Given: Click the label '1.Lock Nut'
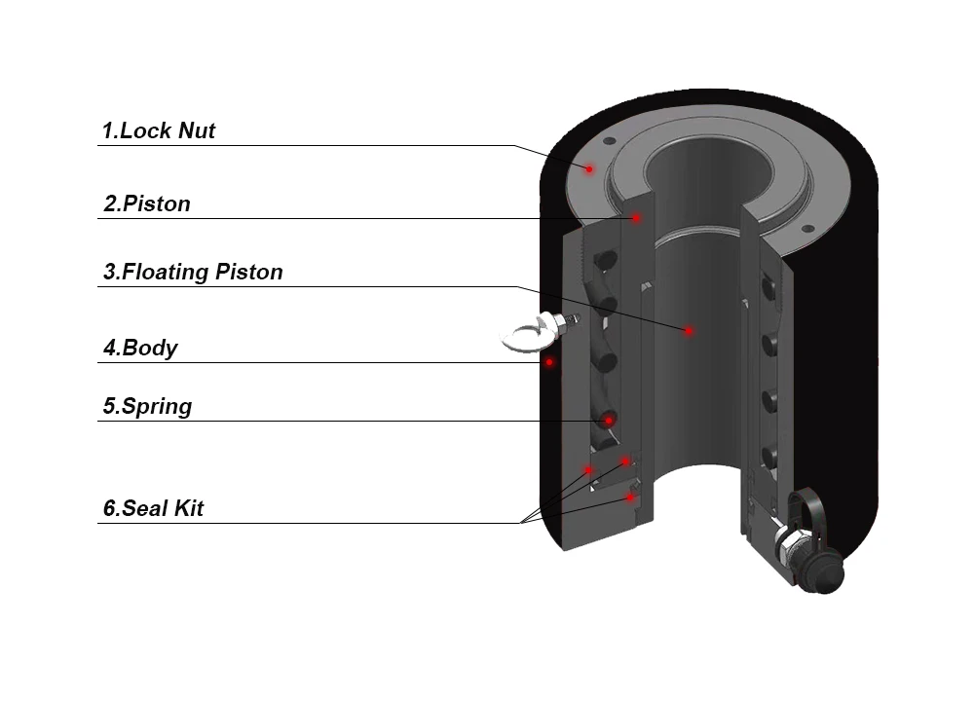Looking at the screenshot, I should coord(159,130).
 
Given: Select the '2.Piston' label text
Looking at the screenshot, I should coord(147,204).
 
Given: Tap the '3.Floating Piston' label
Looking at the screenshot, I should coord(193,272).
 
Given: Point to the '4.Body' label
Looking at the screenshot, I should coord(140,348).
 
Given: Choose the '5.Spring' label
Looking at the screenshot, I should coord(147,406).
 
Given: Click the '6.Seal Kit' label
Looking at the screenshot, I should coord(153,508).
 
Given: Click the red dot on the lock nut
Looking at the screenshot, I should coord(589,168).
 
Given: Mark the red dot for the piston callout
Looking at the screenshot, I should coord(636,218).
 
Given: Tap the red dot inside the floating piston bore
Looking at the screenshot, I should coord(689,331).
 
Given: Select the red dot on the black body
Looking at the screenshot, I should coord(549,362).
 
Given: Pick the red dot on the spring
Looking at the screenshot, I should coord(609,421).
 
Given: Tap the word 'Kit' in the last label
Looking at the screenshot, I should coord(187,508).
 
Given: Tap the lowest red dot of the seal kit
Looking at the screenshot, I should coord(630,498).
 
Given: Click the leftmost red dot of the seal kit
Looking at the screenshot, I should coord(588,469).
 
